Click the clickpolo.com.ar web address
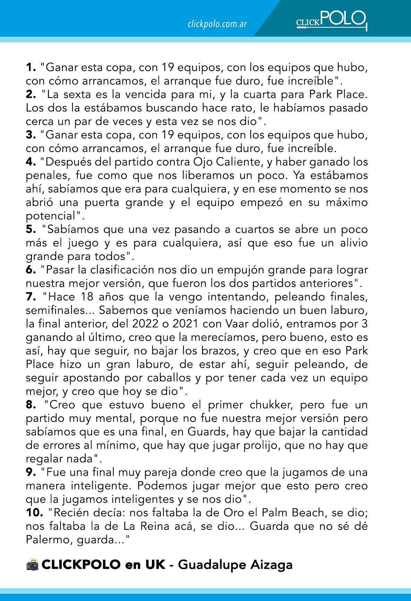coord(217,24)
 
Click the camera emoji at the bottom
coord(32,565)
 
